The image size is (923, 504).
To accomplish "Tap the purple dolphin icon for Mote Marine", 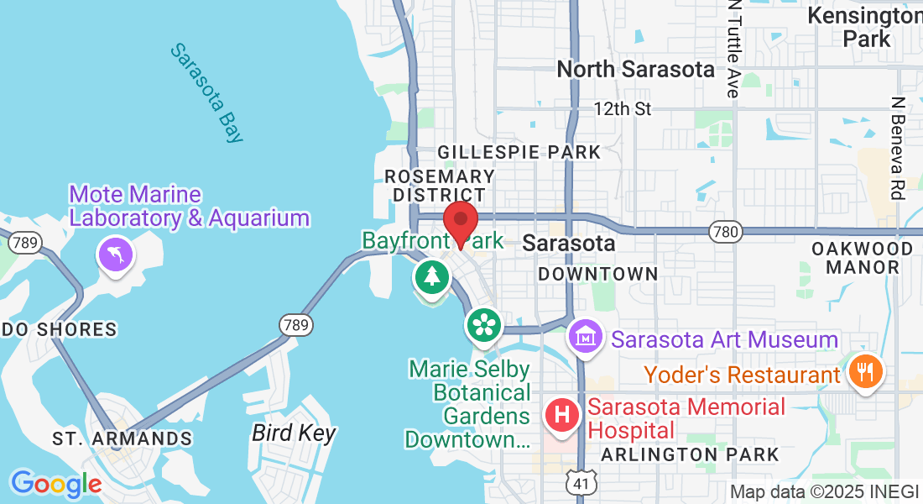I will tap(115, 255).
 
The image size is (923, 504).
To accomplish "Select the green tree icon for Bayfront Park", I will tap(431, 276).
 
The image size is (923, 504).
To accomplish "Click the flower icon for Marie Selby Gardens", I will tap(483, 325).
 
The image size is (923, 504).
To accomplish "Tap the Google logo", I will tap(55, 484).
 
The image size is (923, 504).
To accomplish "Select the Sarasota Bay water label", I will tap(207, 93).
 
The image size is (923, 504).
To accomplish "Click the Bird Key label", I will tap(294, 433).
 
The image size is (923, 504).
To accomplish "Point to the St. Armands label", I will tap(122, 438).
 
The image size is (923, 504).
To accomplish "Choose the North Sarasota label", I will tap(635, 69).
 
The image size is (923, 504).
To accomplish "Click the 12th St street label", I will tap(622, 108).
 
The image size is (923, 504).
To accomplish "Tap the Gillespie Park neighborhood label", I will tap(519, 152).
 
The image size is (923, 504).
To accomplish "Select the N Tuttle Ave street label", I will tap(733, 49).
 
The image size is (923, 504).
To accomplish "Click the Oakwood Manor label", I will tap(862, 258).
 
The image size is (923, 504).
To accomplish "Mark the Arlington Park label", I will tap(690, 454).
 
